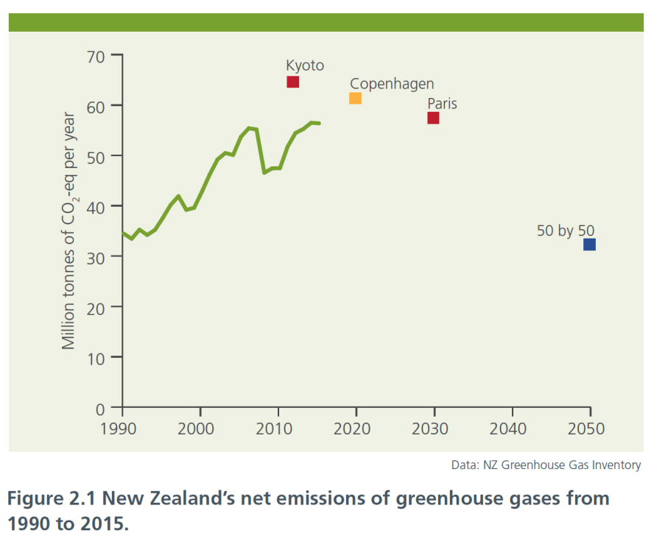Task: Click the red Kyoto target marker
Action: tap(292, 82)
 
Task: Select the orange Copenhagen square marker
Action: tap(355, 98)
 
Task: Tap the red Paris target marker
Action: tap(433, 118)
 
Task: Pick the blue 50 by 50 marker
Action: tap(589, 244)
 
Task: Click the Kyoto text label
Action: tap(305, 66)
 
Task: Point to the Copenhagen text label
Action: tap(392, 84)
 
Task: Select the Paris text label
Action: tap(442, 104)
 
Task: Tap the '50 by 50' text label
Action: tap(565, 230)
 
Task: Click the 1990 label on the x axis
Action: tap(122, 429)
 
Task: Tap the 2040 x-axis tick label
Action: tap(511, 429)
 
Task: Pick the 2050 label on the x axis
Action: tap(589, 429)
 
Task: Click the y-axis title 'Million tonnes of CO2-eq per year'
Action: tap(69, 230)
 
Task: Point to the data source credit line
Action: tap(546, 465)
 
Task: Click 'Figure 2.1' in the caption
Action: tap(50, 499)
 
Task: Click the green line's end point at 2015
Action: tap(319, 123)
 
